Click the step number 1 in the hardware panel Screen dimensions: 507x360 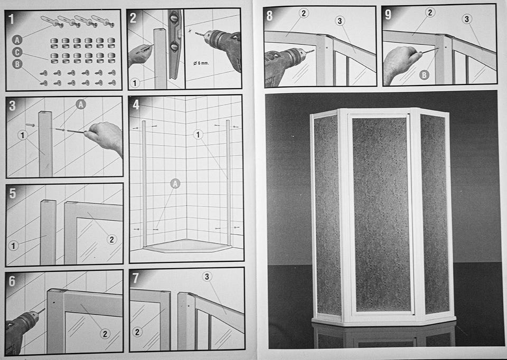pyautogui.click(x=11, y=19)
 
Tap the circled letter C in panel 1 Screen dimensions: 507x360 pyautogui.click(x=17, y=52)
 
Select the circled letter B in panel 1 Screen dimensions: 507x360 pyautogui.click(x=17, y=64)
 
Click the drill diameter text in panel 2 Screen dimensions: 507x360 pyautogui.click(x=201, y=63)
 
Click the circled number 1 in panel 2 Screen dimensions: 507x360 pyautogui.click(x=135, y=83)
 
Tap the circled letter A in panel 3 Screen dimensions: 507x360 pyautogui.click(x=80, y=104)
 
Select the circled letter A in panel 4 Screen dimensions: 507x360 pyautogui.click(x=175, y=184)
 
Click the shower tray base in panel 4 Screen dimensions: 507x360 pyautogui.click(x=187, y=245)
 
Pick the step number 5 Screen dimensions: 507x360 pyautogui.click(x=12, y=193)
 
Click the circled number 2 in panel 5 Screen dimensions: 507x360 pyautogui.click(x=111, y=240)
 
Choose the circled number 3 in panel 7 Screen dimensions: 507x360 pyautogui.click(x=207, y=276)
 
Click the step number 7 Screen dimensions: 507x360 pyautogui.click(x=136, y=278)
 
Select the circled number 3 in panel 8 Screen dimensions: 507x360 pyautogui.click(x=340, y=21)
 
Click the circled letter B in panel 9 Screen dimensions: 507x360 pyautogui.click(x=424, y=75)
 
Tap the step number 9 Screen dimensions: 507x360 pyautogui.click(x=388, y=14)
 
